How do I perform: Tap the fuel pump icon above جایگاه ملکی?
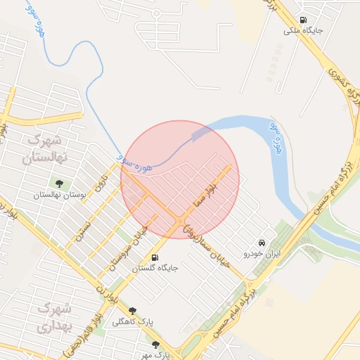point(303,20)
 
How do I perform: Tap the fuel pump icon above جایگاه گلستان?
point(155,257)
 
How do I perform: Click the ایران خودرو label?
point(262,252)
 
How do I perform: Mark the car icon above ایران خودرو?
point(262,241)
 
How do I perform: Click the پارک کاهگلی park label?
point(155,321)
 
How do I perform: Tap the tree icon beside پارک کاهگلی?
point(132,310)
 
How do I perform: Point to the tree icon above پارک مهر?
point(155,345)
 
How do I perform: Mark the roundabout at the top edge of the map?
point(155,12)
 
